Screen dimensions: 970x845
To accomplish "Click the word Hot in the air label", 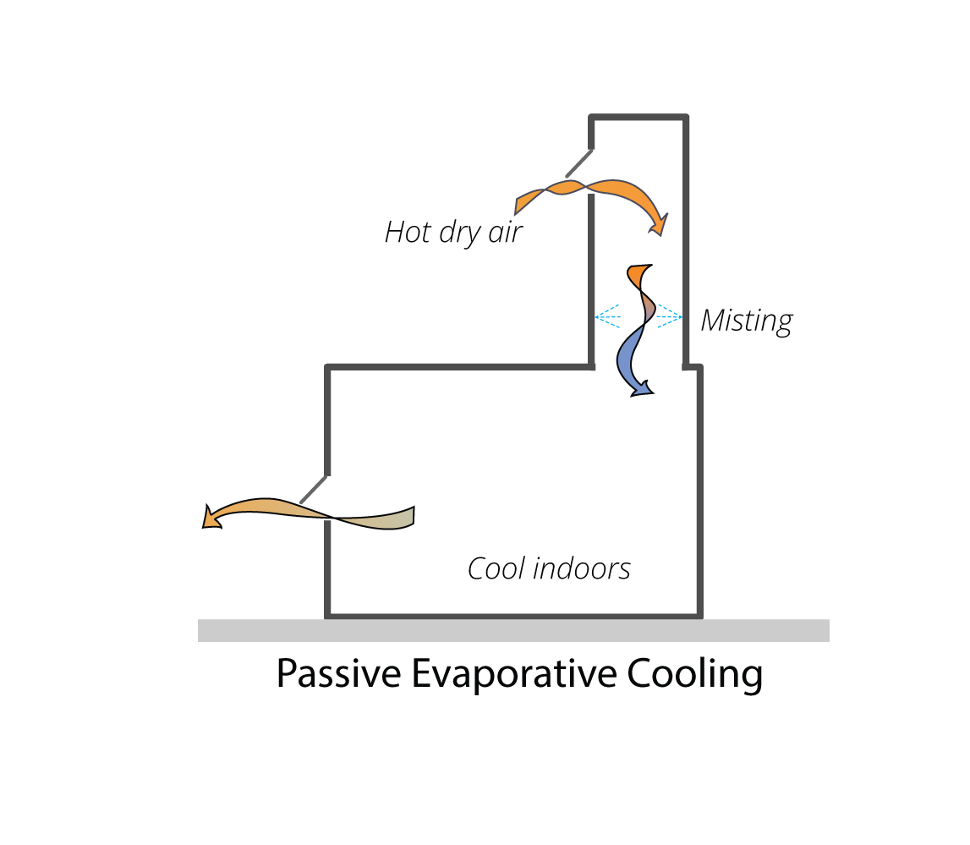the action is pyautogui.click(x=408, y=232).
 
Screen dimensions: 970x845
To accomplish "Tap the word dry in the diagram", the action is pyautogui.click(x=460, y=233).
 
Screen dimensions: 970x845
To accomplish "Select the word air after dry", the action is pyautogui.click(x=506, y=233).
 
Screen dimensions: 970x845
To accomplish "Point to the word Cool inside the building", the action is pyautogui.click(x=496, y=568).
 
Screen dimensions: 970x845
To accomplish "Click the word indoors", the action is pyautogui.click(x=582, y=568).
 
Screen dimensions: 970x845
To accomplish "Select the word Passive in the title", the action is pyautogui.click(x=338, y=673).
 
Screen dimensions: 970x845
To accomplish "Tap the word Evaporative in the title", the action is pyautogui.click(x=514, y=673).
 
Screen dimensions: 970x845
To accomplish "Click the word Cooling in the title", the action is pyautogui.click(x=694, y=674).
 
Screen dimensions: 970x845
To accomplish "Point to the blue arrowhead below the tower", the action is pyautogui.click(x=642, y=388).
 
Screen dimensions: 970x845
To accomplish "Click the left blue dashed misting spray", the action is pyautogui.click(x=608, y=316).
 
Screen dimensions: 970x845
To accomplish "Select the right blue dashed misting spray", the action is pyautogui.click(x=669, y=316).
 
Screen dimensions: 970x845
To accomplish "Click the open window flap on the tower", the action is pyautogui.click(x=579, y=163).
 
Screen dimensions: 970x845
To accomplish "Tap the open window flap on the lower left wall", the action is pyautogui.click(x=314, y=489).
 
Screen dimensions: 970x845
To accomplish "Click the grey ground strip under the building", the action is pyautogui.click(x=513, y=630).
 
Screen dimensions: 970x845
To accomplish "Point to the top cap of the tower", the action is pyautogui.click(x=638, y=117).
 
